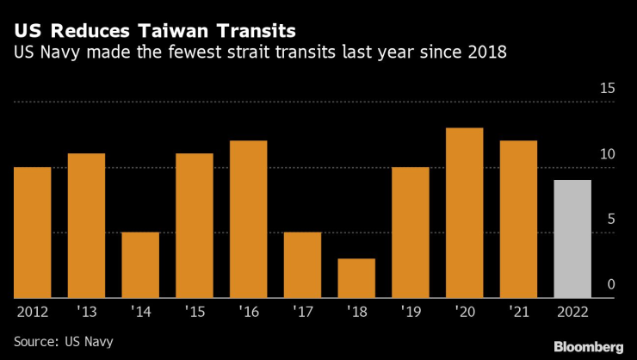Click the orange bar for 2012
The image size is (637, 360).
[32, 233]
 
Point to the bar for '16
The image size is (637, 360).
[248, 219]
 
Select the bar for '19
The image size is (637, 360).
[410, 233]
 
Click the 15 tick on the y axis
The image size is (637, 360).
[607, 89]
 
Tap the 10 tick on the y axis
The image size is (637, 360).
[607, 154]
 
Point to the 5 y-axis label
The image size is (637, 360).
[611, 220]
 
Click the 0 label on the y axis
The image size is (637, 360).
[611, 285]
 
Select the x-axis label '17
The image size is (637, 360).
[302, 313]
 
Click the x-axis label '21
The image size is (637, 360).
[518, 313]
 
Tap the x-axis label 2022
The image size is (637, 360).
[572, 313]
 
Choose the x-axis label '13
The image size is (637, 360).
[86, 313]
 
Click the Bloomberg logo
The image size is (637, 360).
[587, 346]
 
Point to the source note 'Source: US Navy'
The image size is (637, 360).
[63, 342]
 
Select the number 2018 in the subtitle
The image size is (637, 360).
[484, 53]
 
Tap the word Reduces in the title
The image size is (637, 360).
[86, 31]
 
